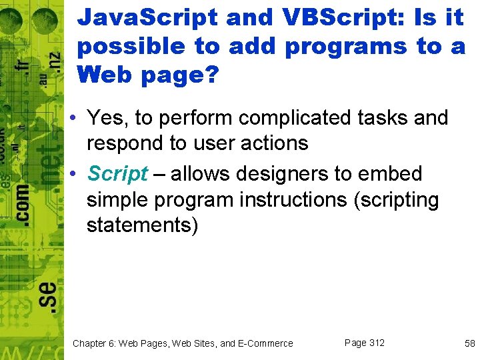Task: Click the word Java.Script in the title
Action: [147, 18]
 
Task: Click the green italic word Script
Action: [117, 174]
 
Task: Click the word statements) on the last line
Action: [143, 225]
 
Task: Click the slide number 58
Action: [469, 343]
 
